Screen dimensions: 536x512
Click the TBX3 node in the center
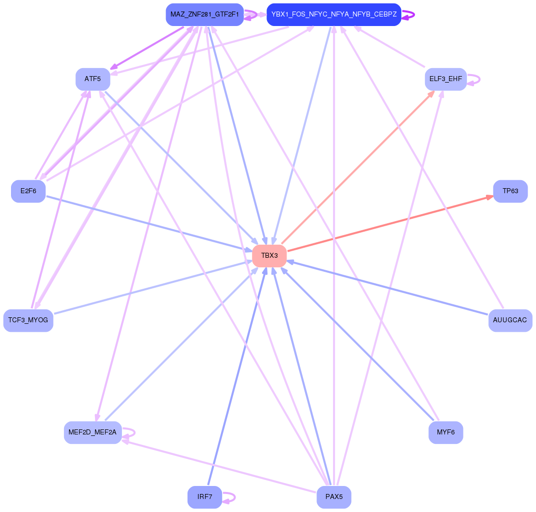[x=269, y=256]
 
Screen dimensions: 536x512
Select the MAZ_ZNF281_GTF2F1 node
[x=204, y=15]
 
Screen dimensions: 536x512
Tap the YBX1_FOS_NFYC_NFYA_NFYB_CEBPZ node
[x=334, y=15]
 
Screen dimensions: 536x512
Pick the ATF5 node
[x=92, y=79]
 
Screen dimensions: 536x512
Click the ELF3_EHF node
[x=445, y=79]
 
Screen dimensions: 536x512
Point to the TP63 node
[x=510, y=191]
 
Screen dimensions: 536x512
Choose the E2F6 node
[x=28, y=191]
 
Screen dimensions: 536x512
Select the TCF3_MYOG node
[x=28, y=320]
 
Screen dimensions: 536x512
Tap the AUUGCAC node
[x=510, y=320]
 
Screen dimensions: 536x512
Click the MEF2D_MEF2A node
[x=92, y=432]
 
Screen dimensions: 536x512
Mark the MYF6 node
[x=445, y=432]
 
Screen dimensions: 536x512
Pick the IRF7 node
[x=204, y=497]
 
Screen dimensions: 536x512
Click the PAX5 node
[x=334, y=497]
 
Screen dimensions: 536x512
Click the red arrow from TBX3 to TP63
[x=390, y=224]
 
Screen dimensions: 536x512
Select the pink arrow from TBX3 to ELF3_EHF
[x=357, y=168]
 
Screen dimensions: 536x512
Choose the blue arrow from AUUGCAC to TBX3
[x=390, y=288]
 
